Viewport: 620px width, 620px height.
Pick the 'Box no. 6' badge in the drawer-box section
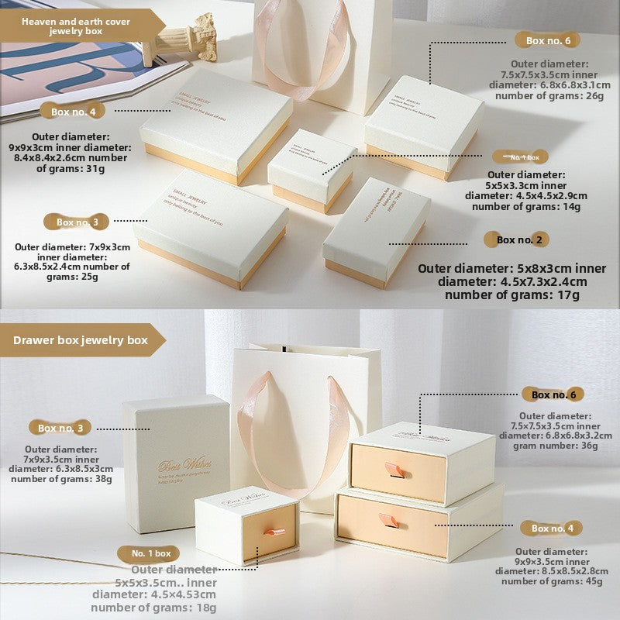point(553,394)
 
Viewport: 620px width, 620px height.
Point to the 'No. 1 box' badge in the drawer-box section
point(150,553)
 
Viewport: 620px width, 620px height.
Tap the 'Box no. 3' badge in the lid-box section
point(77,222)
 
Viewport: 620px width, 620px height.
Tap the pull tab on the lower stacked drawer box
point(390,520)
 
